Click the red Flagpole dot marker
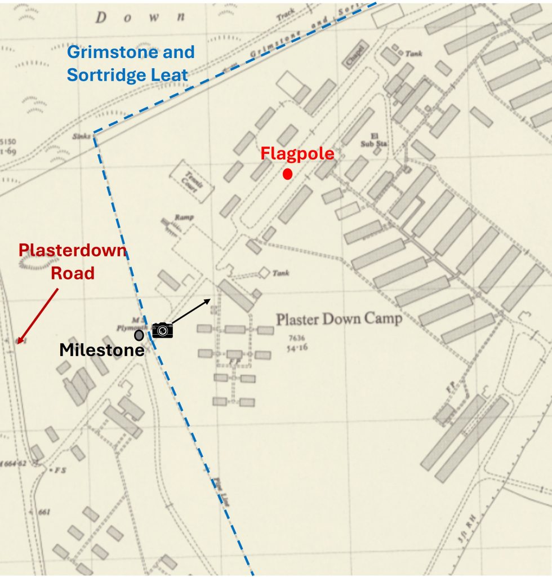pos(287,174)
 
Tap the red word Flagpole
pos(297,154)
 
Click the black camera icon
pos(162,330)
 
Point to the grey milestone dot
pos(139,335)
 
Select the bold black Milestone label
pos(101,350)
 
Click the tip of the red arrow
pos(17,343)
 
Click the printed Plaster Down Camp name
pos(339,319)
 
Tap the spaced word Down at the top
pos(140,17)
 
